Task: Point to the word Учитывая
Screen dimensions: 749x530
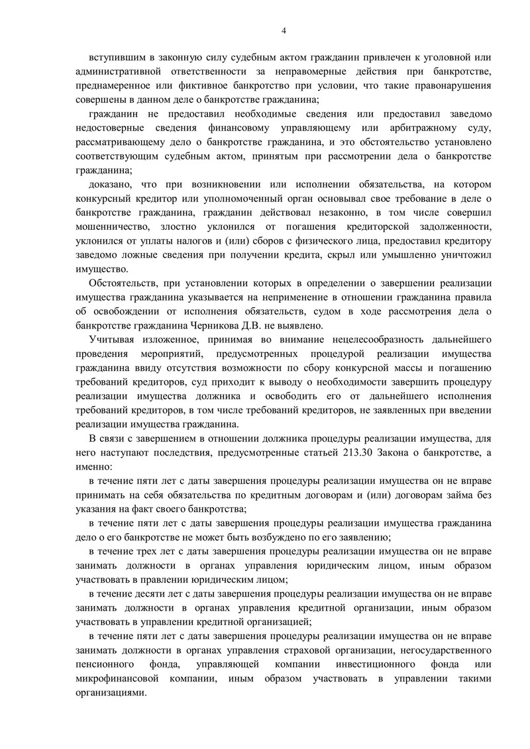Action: coord(110,340)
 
